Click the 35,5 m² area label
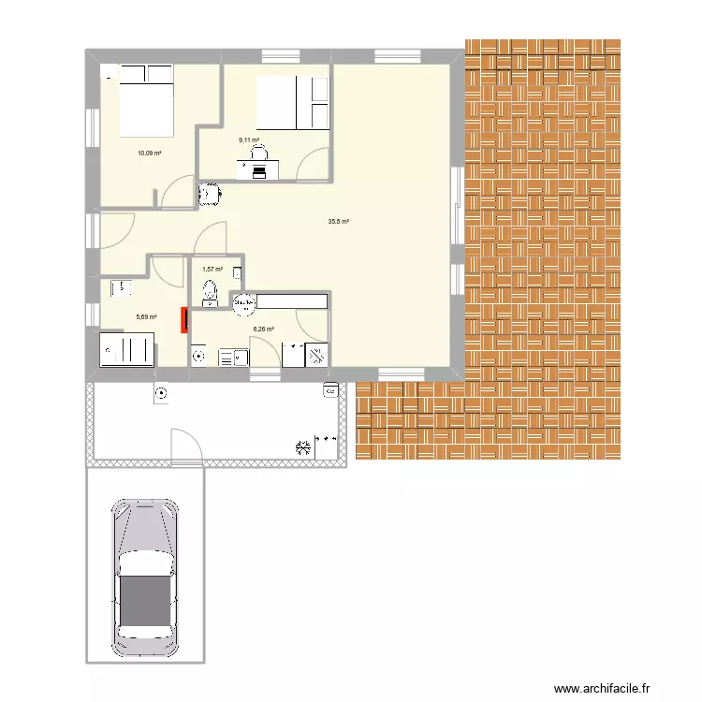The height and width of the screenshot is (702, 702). point(338,222)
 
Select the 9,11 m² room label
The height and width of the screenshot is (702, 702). point(250,140)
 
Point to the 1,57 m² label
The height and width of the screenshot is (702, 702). point(212,270)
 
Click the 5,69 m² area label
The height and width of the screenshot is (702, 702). point(146,317)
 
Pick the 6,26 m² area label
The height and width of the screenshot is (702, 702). point(263,329)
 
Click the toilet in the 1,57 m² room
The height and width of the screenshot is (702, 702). point(210,291)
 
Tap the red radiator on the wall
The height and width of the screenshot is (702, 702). point(184,319)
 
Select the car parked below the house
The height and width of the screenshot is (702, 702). point(144,578)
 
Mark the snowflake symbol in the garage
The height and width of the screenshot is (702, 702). point(301,447)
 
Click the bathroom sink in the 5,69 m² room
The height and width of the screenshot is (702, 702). point(122,288)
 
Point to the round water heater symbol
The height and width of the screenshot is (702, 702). point(244,301)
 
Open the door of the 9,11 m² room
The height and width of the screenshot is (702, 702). point(312,165)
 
